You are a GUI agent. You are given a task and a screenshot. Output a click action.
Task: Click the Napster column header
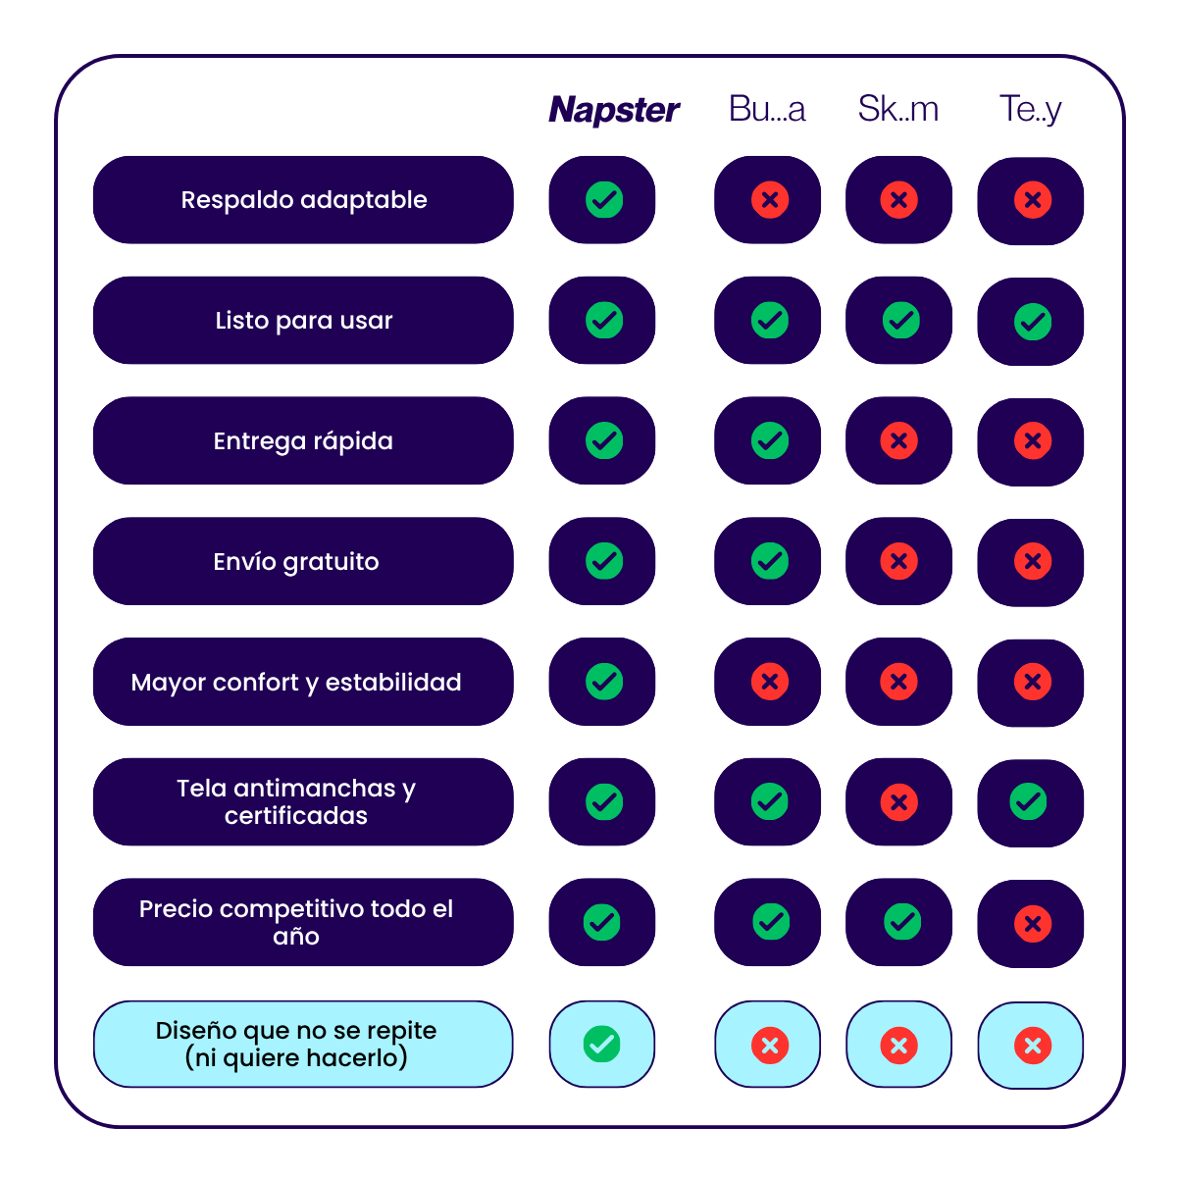point(614,110)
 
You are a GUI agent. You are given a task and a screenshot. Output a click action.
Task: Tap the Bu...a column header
point(767,109)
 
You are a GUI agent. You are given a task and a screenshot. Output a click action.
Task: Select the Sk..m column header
point(897,109)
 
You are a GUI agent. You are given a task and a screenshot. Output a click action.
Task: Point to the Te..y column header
point(1030,109)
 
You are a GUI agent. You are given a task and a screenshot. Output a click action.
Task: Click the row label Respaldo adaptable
point(303,200)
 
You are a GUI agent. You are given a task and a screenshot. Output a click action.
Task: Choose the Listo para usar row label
point(303,321)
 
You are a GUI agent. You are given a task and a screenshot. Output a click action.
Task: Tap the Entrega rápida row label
point(303,441)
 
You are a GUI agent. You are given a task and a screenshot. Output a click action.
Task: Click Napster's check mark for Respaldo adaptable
point(604,200)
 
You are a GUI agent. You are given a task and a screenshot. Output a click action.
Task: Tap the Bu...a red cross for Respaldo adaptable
point(770,200)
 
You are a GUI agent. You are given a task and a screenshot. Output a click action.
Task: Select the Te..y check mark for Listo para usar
point(1032,322)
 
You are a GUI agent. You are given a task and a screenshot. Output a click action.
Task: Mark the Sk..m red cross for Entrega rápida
point(898,441)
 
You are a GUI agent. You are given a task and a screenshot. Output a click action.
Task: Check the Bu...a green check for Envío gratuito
point(770,561)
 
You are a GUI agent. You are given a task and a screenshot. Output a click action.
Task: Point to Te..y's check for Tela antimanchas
point(1028,802)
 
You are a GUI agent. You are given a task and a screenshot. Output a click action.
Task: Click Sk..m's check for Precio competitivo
point(902,922)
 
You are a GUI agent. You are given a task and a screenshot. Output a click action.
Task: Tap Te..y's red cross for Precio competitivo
point(1032,923)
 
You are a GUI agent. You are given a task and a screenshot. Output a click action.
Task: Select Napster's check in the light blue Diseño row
point(602,1044)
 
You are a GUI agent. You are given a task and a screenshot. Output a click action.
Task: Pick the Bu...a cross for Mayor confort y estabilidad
point(770,682)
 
